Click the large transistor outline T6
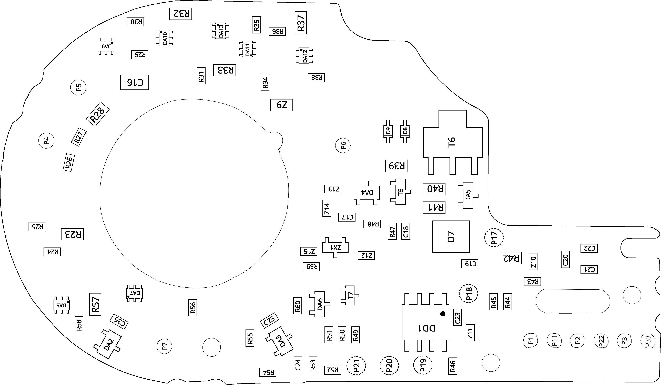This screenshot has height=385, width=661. pos(452,142)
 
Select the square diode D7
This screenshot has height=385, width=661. pos(451,236)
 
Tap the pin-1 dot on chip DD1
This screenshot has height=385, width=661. pos(443,314)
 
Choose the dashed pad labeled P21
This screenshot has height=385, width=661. pos(356,365)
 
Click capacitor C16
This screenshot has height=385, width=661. pos(134,82)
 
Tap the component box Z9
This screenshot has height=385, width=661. pos(281,105)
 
